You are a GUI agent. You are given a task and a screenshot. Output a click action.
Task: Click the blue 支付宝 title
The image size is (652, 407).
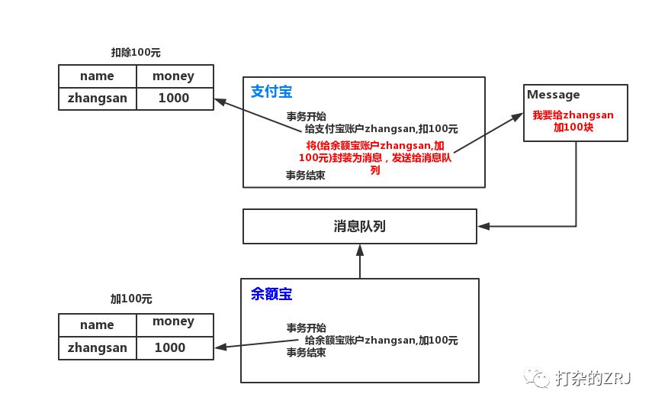271,91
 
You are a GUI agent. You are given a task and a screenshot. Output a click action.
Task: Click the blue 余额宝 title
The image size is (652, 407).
271,294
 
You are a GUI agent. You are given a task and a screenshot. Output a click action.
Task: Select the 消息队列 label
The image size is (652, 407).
360,226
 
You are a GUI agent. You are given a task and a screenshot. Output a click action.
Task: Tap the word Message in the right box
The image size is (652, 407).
553,95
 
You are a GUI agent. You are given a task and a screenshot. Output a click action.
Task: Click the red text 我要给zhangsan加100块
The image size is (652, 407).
573,121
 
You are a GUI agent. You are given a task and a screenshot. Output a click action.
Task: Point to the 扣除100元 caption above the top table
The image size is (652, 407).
136,53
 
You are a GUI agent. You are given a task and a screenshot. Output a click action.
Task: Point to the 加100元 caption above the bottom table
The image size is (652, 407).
131,299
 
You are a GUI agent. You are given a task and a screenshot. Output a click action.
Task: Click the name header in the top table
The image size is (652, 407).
97,76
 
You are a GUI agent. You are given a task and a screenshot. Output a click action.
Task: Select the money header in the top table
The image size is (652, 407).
173,76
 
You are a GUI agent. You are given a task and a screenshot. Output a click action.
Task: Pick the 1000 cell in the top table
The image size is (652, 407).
174,98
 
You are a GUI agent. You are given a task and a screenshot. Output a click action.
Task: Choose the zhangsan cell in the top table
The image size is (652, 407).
98,99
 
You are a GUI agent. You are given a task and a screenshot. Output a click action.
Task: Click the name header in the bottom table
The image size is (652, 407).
97,325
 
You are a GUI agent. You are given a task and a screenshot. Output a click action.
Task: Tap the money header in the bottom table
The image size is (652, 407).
173,322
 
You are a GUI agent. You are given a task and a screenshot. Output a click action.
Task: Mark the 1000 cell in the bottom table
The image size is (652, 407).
170,347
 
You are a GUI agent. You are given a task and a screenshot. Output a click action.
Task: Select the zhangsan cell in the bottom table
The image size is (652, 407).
98,348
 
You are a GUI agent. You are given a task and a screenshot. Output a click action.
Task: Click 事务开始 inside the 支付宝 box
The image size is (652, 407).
306,116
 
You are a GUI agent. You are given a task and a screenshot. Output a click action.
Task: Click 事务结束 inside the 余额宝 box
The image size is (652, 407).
306,353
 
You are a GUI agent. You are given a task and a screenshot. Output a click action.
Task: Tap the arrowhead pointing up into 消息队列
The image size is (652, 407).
360,250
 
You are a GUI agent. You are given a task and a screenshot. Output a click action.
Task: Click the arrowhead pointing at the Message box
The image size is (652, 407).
517,117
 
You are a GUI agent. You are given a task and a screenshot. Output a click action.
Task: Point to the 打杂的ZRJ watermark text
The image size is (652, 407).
593,378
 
